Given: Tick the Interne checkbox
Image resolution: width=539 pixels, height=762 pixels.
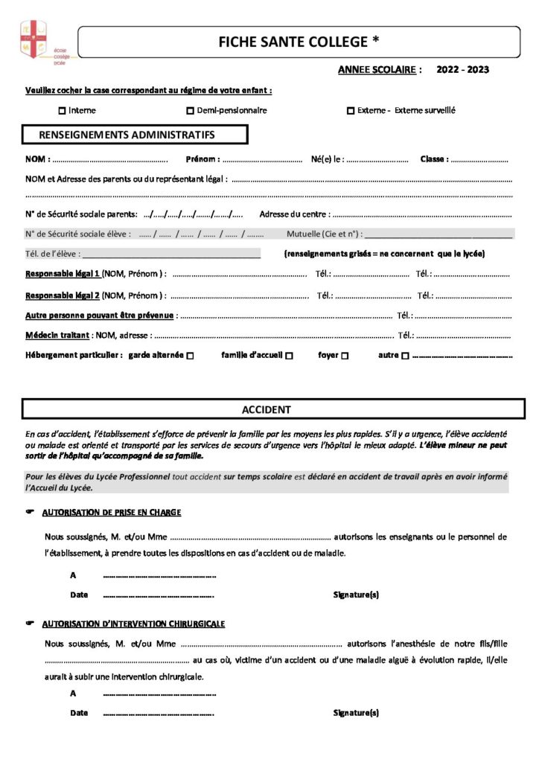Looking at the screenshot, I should tap(62, 111).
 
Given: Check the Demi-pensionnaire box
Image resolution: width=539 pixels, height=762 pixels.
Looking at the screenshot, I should tap(190, 111).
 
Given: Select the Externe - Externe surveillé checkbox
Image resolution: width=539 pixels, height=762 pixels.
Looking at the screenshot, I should tap(350, 111).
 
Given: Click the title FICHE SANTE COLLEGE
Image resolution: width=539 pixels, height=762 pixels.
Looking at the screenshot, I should tap(298, 42).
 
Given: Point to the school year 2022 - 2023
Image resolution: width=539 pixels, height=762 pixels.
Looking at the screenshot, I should tap(463, 70).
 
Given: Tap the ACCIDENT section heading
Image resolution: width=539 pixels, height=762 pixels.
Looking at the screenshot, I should tap(267, 410).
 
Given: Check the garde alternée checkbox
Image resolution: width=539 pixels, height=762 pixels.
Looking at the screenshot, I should tap(191, 356).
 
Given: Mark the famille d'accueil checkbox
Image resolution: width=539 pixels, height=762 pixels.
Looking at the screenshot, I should tap(289, 356).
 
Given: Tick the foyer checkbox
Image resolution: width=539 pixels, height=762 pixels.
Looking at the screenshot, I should tap(345, 356).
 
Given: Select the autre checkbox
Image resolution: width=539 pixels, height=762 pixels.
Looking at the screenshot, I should tap(405, 356).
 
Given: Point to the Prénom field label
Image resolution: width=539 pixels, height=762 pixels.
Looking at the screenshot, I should tap(202, 159).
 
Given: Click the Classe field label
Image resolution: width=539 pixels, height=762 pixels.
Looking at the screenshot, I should tap(434, 159).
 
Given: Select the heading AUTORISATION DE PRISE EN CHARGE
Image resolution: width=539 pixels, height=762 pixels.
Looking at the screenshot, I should tap(111, 513).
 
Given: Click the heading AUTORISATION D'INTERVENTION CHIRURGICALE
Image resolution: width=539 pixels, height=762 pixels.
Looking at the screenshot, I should tap(133, 624).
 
